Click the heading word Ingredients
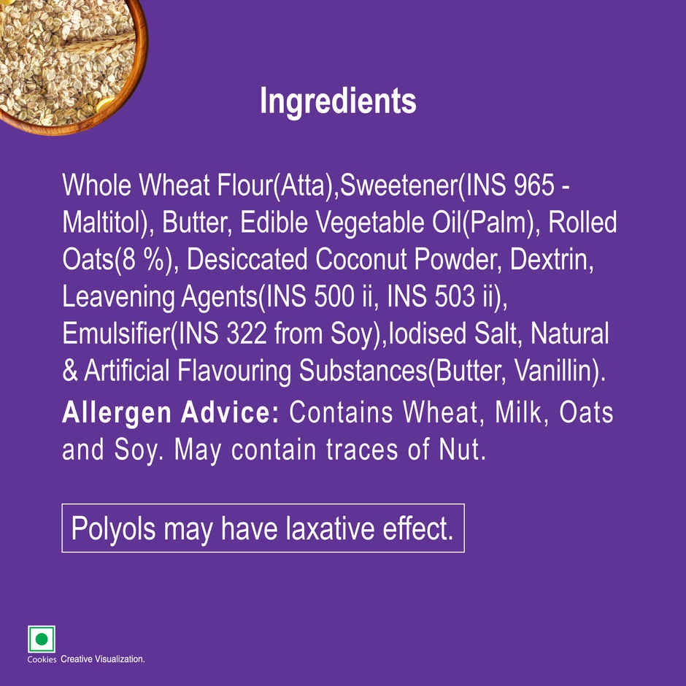338,101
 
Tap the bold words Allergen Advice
171,412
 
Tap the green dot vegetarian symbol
42,639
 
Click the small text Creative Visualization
103,659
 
